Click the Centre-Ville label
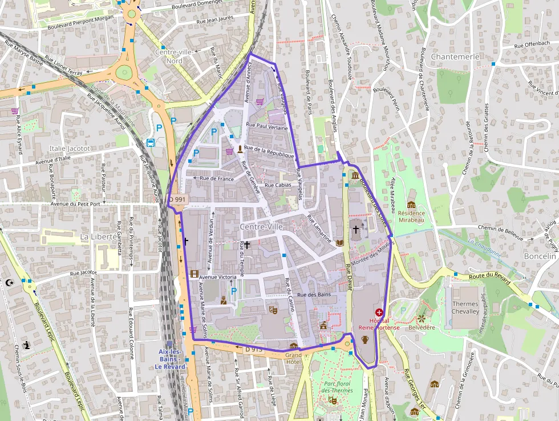[261, 227]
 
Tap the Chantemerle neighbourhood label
[455, 57]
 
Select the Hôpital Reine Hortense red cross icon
[379, 313]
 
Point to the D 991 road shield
[178, 199]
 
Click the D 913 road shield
[254, 349]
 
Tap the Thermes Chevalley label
[465, 308]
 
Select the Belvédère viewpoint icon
[422, 318]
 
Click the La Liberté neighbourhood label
[99, 236]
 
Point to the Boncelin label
[540, 256]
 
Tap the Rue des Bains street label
[315, 295]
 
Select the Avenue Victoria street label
[217, 277]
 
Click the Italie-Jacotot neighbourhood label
[70, 149]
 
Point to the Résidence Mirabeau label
[411, 216]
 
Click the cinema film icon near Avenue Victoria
[195, 274]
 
